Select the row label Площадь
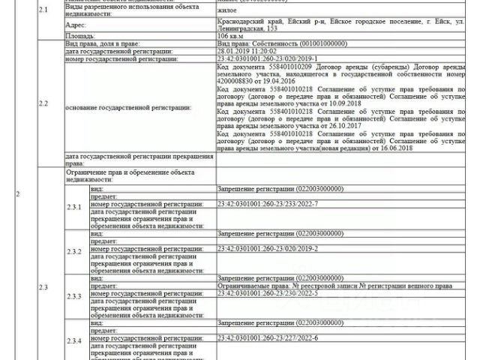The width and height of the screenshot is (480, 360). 79,35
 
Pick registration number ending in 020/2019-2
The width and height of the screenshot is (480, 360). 256,248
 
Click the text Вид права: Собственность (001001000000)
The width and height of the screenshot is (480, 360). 272,43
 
